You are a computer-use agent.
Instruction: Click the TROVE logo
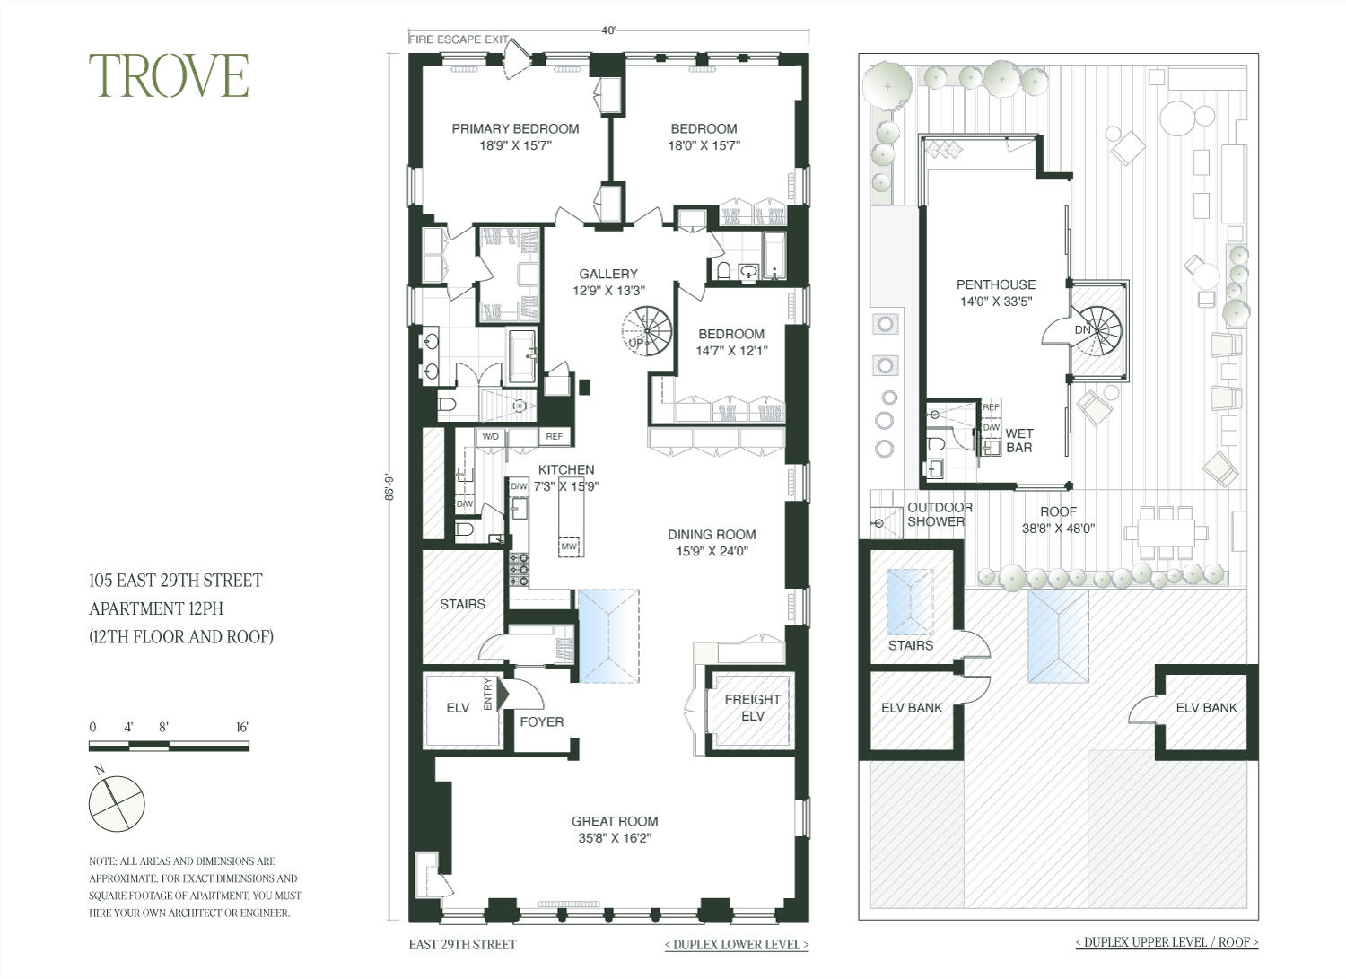169,75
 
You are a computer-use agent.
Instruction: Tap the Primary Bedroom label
515,128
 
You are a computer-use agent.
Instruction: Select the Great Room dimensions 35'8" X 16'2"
614,838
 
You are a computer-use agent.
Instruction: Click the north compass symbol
116,801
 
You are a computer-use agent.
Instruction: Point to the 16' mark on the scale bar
241,727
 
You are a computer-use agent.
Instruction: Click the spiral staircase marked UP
647,331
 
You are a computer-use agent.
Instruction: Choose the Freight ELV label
752,707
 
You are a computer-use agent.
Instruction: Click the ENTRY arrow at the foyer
503,695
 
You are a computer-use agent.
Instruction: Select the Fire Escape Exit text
459,39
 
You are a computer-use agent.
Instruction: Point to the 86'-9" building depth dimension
389,487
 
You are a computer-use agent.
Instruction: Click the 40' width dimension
608,30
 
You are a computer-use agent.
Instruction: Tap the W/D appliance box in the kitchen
491,437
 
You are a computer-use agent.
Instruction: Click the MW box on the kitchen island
568,546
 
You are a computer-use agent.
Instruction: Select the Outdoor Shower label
940,514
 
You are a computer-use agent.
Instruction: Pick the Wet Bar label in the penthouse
1019,441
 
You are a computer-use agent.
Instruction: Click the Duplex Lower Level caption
737,944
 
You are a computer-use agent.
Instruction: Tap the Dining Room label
712,534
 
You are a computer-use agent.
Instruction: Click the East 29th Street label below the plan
462,945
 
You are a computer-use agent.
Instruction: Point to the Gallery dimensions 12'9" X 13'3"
608,291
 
